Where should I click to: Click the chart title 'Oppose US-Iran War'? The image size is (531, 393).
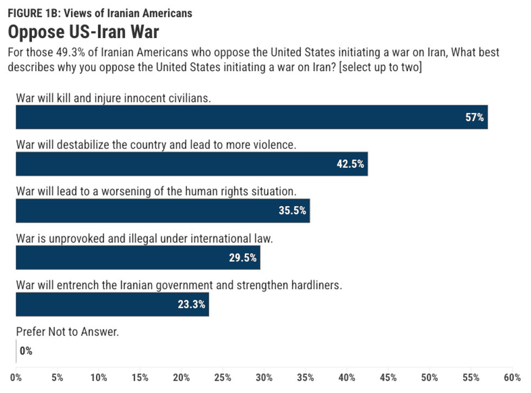(x=83, y=32)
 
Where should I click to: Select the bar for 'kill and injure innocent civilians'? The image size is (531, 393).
(x=251, y=117)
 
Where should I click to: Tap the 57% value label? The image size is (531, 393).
(x=475, y=117)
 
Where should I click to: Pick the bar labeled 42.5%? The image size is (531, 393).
(x=191, y=164)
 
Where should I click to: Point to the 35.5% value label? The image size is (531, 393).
(x=293, y=211)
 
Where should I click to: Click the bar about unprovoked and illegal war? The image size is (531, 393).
(x=138, y=257)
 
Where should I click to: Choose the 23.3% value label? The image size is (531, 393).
(x=191, y=305)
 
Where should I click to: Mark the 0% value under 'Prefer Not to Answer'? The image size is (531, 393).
(x=26, y=351)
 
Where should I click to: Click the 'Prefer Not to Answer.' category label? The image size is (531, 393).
(x=67, y=332)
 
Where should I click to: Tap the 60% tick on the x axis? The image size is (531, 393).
(x=512, y=377)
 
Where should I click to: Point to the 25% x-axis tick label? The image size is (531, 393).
(x=223, y=377)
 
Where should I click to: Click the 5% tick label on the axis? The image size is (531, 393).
(x=57, y=377)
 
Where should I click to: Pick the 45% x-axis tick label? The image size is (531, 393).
(x=388, y=377)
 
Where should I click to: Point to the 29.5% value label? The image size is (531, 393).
(x=242, y=258)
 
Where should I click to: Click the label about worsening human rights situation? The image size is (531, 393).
(x=156, y=191)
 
